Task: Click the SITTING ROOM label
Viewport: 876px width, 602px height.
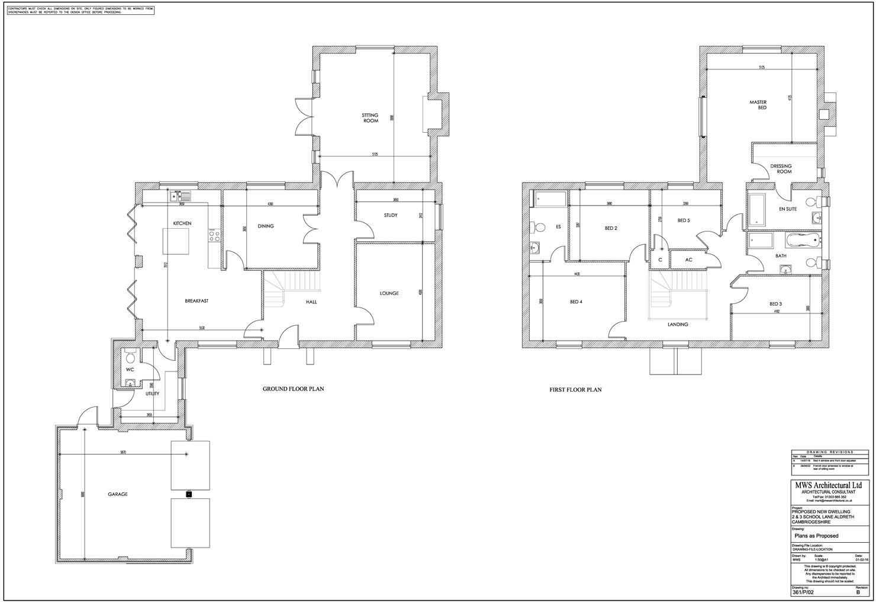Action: point(370,118)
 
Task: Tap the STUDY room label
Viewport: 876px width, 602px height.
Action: point(390,215)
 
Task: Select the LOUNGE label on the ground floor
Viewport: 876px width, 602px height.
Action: point(389,293)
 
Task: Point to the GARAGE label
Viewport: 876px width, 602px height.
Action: point(117,494)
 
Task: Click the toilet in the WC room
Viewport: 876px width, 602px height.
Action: point(131,356)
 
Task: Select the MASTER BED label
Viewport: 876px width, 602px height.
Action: point(758,105)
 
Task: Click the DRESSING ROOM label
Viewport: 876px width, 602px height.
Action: point(781,169)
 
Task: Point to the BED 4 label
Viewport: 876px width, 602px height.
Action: point(576,302)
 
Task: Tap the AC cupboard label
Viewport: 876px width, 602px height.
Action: point(688,260)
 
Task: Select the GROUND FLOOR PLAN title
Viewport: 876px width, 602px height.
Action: point(293,389)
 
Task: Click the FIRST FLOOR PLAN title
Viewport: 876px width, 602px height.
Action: point(575,390)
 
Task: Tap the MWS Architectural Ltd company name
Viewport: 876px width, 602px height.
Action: point(828,485)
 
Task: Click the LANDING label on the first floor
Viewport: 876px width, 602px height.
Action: point(678,324)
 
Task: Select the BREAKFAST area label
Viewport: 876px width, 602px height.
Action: point(197,301)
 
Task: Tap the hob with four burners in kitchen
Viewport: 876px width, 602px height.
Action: point(214,236)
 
